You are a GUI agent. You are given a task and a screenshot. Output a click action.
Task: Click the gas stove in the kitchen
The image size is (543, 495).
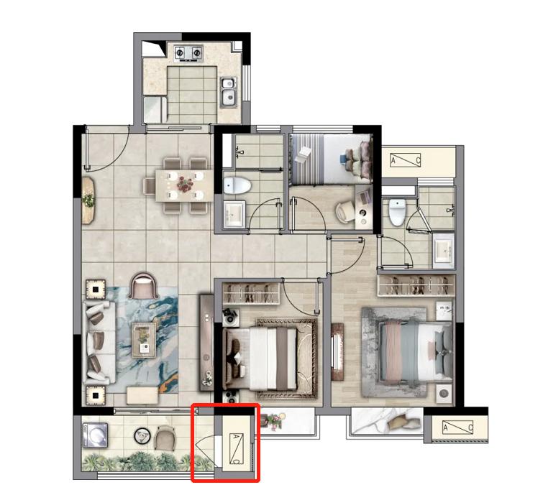point(188,54)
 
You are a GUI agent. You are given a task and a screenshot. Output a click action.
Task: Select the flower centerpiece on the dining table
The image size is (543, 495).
point(185,184)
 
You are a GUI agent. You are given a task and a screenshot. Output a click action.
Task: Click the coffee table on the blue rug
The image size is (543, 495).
point(143,340)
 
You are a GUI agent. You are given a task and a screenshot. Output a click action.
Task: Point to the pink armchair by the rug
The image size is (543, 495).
point(142,285)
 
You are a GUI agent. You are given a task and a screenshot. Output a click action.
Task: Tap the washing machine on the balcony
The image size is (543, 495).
point(95,435)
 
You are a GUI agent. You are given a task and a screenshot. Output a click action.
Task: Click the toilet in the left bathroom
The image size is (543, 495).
point(237,186)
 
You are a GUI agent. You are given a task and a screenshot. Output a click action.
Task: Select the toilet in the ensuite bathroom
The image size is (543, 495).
point(397,211)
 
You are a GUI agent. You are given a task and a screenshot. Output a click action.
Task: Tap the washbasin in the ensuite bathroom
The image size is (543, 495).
point(443,249)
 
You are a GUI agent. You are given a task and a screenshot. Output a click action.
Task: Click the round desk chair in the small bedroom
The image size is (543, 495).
point(344,212)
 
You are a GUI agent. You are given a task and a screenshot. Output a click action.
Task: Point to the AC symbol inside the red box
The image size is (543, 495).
point(236,448)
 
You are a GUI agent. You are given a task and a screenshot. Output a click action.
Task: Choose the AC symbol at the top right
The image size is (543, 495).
point(405,160)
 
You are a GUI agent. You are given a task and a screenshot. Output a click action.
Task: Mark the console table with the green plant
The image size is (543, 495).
point(88,200)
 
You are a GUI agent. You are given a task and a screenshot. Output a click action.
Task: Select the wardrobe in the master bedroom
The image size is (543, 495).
point(416,285)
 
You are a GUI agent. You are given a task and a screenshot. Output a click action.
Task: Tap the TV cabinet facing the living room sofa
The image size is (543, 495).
point(206,343)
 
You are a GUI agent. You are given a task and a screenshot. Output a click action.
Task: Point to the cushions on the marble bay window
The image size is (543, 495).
point(403,424)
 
